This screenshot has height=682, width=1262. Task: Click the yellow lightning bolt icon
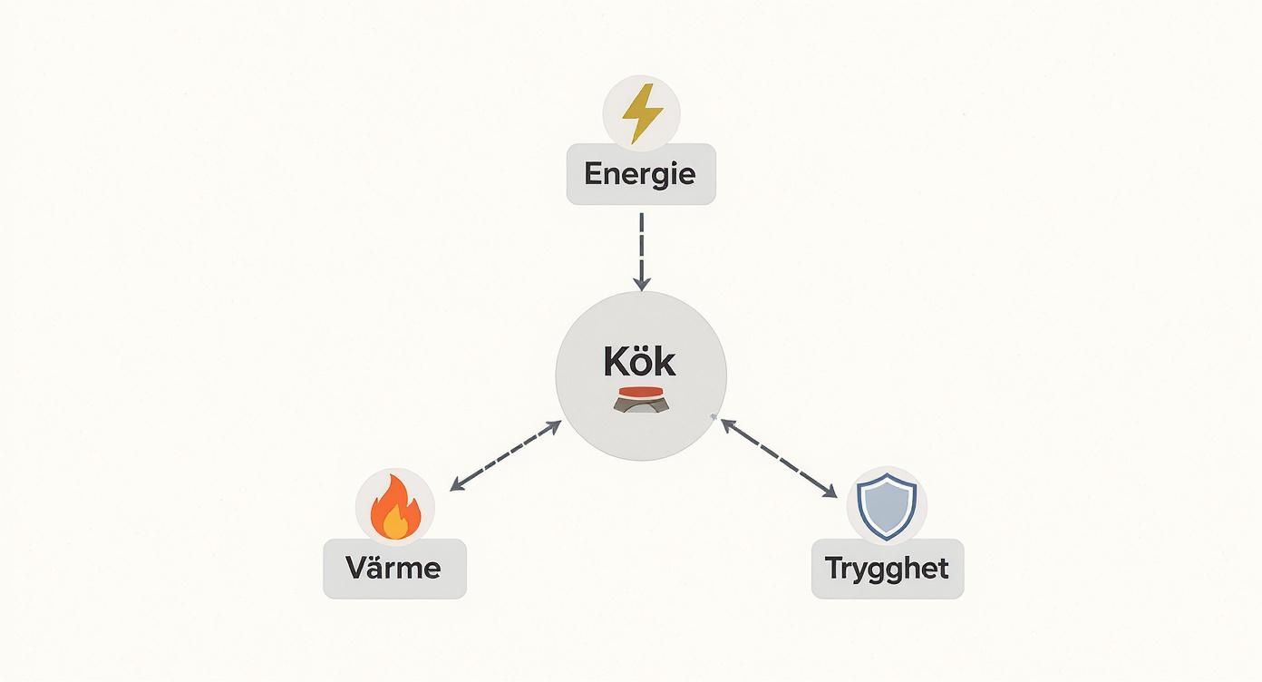point(642,112)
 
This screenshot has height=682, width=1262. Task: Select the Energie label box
point(640,173)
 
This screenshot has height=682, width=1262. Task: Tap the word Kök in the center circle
point(639,362)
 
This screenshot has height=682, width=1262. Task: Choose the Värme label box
point(394,569)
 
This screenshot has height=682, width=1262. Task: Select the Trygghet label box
point(887,569)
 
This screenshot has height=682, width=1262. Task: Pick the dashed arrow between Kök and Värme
point(506,456)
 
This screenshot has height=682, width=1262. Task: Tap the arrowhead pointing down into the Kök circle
point(641,284)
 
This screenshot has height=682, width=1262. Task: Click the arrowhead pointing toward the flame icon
point(458,486)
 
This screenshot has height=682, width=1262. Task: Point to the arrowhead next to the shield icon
point(829,491)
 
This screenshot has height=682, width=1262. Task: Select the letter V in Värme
point(356,569)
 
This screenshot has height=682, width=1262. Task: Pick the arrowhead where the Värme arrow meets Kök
point(554,425)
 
